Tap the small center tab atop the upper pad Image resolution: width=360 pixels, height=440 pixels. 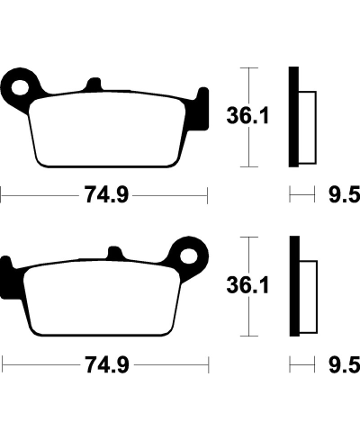click(x=94, y=86)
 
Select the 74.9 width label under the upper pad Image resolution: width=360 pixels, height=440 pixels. click(x=103, y=194)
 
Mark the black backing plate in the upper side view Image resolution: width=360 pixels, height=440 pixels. click(x=292, y=117)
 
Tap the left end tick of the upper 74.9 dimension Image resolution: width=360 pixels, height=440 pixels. click(x=2, y=194)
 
